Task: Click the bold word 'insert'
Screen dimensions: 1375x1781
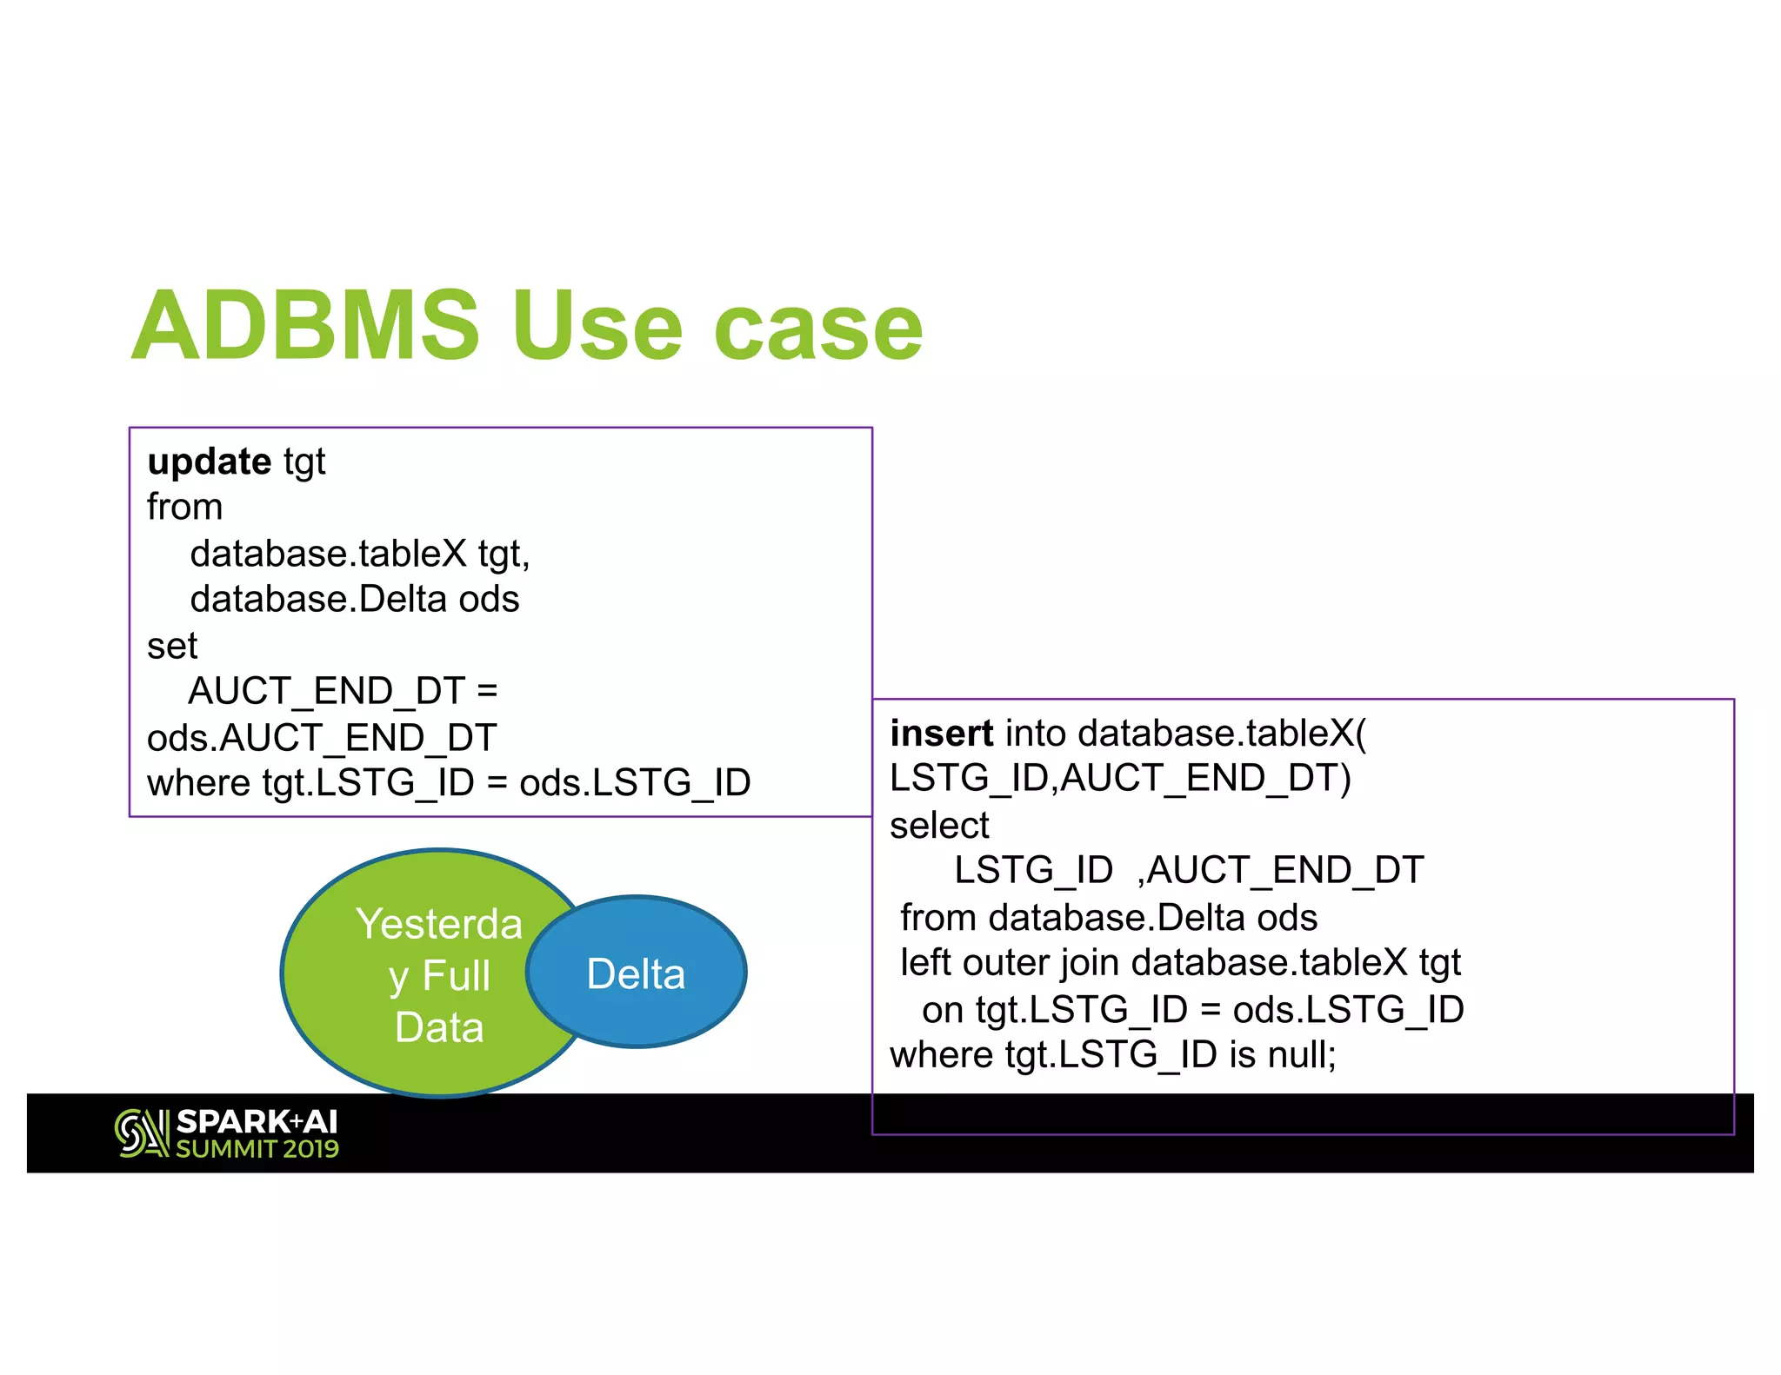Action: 941,734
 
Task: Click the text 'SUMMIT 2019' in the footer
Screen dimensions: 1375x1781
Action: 257,1149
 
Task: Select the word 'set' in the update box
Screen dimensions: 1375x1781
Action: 172,647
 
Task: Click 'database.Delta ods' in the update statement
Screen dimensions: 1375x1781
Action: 354,600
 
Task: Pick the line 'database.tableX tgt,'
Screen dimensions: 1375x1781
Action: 359,554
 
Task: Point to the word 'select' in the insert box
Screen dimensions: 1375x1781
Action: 939,826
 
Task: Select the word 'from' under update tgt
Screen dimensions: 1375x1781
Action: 184,508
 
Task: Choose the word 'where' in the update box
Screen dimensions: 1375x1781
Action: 199,783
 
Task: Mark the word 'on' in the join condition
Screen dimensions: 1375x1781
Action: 943,1010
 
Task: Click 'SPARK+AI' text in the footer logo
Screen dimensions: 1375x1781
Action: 257,1122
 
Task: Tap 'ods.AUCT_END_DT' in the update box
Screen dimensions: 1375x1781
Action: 322,738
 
